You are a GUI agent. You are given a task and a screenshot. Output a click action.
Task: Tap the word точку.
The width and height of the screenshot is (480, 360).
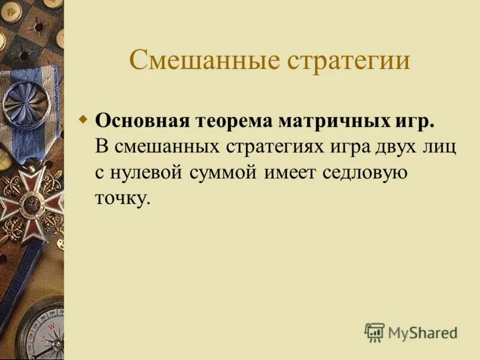click(121, 200)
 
